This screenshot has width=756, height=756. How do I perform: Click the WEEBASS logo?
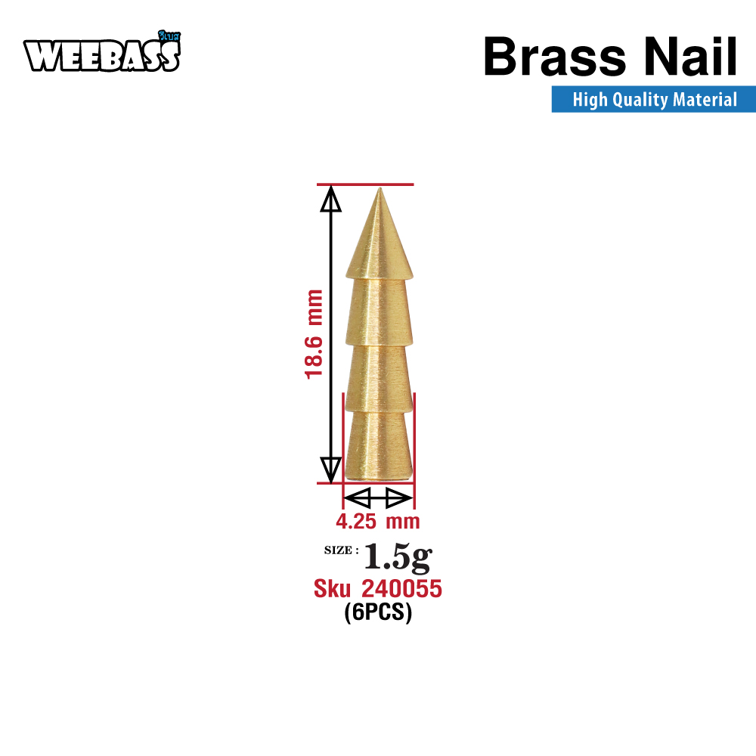pyautogui.click(x=102, y=52)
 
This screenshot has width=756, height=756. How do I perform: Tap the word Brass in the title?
pyautogui.click(x=554, y=57)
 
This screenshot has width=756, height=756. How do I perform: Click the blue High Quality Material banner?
pyautogui.click(x=653, y=99)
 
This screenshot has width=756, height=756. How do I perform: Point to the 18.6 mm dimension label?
pyautogui.click(x=314, y=334)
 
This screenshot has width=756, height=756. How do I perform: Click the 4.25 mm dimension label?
pyautogui.click(x=378, y=521)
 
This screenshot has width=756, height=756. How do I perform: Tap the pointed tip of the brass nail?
pyautogui.click(x=380, y=189)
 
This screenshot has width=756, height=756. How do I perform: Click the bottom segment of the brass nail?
pyautogui.click(x=379, y=445)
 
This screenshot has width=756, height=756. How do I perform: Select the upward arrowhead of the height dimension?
pyautogui.click(x=331, y=199)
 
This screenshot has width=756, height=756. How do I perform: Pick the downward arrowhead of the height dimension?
pyautogui.click(x=331, y=470)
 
